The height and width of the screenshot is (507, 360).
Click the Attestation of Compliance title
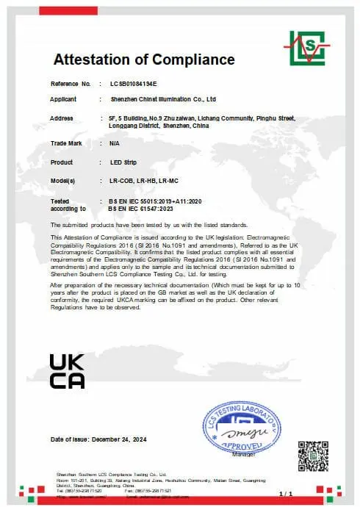click(x=144, y=60)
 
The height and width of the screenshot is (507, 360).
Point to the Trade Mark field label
click(x=65, y=143)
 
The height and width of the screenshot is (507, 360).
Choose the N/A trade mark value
click(x=114, y=143)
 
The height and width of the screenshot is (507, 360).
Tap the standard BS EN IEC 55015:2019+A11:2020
click(x=154, y=200)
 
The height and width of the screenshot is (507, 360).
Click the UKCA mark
click(x=67, y=371)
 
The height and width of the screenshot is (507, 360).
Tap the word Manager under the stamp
click(x=242, y=455)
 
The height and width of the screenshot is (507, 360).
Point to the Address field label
click(x=62, y=118)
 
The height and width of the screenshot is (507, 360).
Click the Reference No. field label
click(x=71, y=84)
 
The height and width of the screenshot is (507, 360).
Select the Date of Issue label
click(x=69, y=439)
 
